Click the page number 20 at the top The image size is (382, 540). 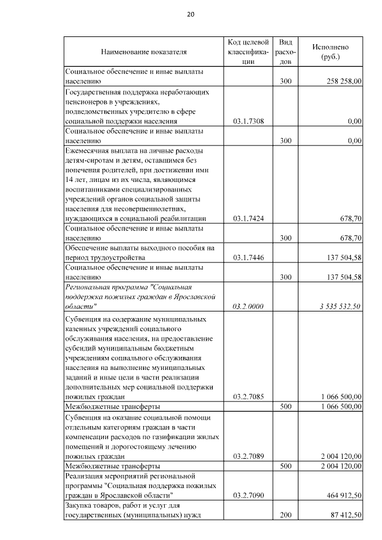click(x=190, y=14)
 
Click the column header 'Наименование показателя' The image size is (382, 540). click(x=144, y=52)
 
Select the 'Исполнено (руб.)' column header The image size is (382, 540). click(x=330, y=51)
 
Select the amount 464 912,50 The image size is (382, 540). click(x=343, y=495)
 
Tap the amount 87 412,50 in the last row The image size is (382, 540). click(x=344, y=514)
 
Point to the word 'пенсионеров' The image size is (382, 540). click(x=85, y=102)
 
